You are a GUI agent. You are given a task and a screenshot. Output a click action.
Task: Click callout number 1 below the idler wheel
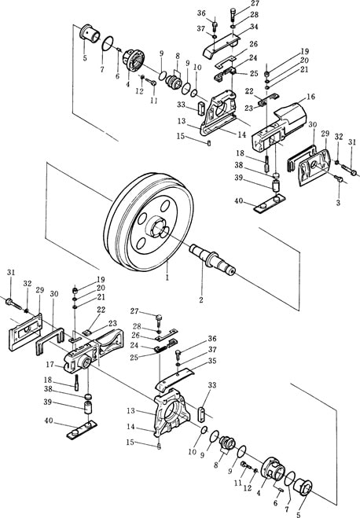[167, 277]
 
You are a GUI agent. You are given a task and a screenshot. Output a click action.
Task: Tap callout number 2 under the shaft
[200, 300]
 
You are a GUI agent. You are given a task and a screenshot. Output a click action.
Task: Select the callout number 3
[338, 203]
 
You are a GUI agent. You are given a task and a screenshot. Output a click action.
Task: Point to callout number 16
[310, 97]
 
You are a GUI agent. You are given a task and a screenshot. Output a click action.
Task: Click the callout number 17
[50, 365]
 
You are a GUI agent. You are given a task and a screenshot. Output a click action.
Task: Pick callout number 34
[254, 27]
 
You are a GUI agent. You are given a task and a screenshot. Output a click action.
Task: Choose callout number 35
[212, 361]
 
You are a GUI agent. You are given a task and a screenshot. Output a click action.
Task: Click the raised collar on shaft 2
[211, 259]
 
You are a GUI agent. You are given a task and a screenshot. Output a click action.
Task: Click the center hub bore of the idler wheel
[158, 227]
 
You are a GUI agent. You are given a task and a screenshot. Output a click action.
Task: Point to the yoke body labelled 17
[94, 350]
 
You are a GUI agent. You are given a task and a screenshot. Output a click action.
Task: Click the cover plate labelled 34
[221, 46]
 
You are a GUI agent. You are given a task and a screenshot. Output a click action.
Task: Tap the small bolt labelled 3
[340, 178]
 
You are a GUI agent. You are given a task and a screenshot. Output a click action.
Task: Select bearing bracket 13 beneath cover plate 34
[219, 113]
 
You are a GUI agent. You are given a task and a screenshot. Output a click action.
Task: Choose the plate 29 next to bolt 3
[314, 167]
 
